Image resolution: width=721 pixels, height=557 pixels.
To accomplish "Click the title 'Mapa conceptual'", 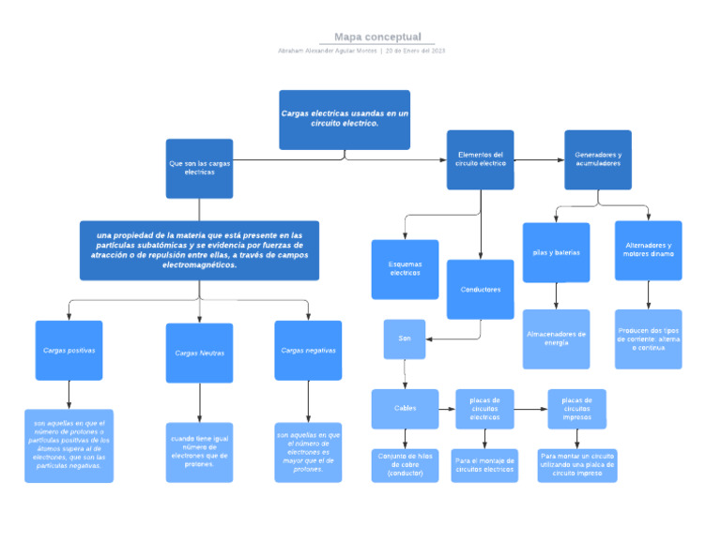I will tap(377, 37).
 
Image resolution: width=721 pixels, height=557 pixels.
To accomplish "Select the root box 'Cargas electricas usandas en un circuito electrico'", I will tap(345, 119).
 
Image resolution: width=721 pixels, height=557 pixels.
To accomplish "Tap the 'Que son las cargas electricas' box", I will tap(199, 168).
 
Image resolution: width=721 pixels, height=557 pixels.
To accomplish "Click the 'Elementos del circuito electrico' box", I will tap(480, 159).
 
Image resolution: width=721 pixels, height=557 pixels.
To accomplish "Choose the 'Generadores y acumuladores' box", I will tap(597, 159).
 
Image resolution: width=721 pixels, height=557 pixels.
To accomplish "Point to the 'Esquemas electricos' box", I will tap(405, 269).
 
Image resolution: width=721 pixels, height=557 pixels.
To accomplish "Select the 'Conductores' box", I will tap(480, 290).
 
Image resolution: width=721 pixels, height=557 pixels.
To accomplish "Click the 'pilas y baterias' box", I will tap(556, 252).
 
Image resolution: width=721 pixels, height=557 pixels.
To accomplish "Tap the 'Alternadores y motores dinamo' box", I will tap(648, 250).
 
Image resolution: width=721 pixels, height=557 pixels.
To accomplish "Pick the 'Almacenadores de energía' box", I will tap(556, 339).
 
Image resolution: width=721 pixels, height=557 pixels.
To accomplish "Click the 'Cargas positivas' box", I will tap(69, 350).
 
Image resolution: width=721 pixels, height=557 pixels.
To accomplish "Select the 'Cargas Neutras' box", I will tap(199, 353).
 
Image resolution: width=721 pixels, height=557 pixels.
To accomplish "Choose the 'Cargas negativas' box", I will tap(308, 350).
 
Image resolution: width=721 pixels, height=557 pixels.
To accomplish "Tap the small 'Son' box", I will tap(405, 339).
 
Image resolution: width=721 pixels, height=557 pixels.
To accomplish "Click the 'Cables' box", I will tap(405, 409).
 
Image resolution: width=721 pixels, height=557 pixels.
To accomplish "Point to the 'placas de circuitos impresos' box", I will tap(576, 409).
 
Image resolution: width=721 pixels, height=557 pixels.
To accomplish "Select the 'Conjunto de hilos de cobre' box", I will tap(405, 465).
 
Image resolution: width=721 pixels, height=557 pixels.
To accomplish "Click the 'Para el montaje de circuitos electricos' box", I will tap(484, 465).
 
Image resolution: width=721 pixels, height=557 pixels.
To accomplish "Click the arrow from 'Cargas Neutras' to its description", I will tap(199, 402).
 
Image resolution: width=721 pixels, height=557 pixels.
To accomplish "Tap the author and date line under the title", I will tap(361, 51).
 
